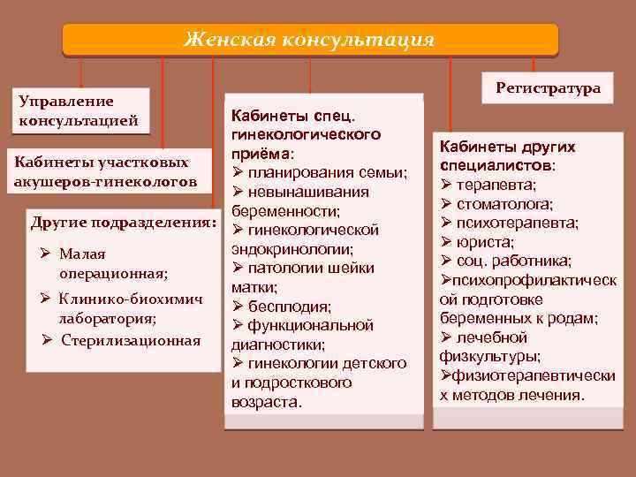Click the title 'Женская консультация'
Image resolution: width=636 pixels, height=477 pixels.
(x=309, y=40)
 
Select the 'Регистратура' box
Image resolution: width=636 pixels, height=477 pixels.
(x=548, y=87)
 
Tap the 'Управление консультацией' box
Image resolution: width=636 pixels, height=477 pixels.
(x=78, y=111)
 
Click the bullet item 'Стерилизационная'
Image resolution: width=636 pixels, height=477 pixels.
(x=131, y=340)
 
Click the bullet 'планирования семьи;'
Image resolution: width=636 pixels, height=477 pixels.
(x=327, y=172)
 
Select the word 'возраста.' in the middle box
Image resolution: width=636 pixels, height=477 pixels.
(x=266, y=402)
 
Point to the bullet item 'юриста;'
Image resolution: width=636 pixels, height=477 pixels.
(x=486, y=241)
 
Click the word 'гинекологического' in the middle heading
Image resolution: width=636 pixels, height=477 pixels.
(x=305, y=134)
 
